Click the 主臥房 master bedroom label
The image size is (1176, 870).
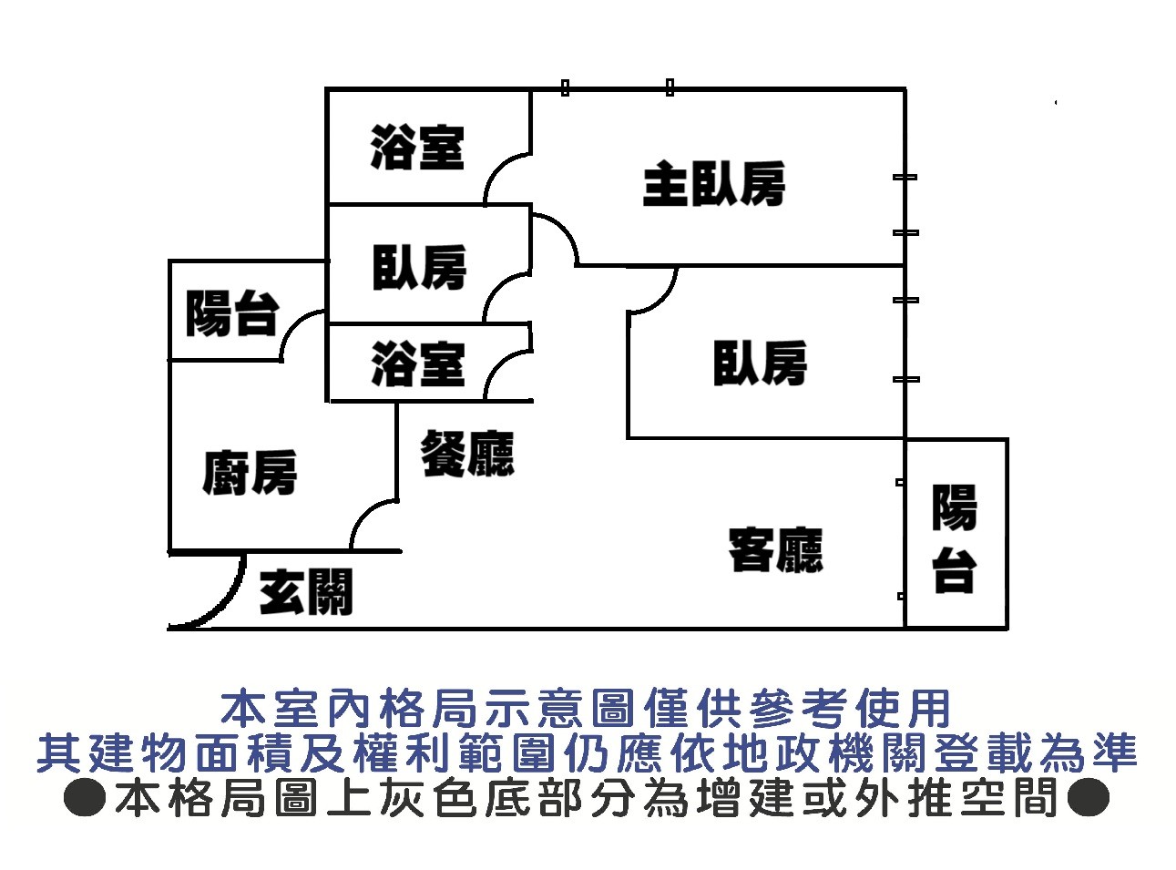[x=713, y=184]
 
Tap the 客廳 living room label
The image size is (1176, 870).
[x=775, y=549]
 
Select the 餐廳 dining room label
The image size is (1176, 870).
[x=467, y=453]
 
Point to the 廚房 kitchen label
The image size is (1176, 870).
[x=250, y=473]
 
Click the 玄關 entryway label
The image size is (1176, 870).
[x=305, y=592]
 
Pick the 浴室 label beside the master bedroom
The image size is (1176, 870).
[x=417, y=148]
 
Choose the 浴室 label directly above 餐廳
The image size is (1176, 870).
[x=417, y=363]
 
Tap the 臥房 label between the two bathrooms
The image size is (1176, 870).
[x=419, y=267]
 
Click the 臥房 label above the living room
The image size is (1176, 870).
[x=760, y=363]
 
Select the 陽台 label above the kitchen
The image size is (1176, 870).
[x=231, y=313]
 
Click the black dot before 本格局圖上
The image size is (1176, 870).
[x=86, y=797]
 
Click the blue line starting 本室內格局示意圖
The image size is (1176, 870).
[x=588, y=708]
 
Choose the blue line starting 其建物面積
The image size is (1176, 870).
[x=588, y=752]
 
